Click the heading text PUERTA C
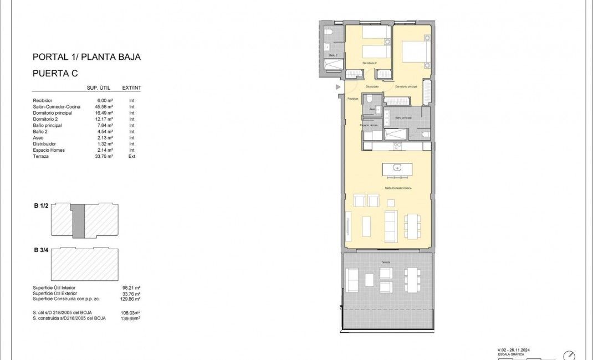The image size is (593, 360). click(55, 73)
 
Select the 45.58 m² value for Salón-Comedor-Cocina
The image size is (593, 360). click(104, 106)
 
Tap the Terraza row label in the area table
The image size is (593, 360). click(42, 156)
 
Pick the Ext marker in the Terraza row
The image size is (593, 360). click(132, 156)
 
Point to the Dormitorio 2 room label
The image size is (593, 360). click(370, 63)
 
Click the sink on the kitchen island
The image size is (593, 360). click(397, 167)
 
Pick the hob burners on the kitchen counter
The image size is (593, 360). click(397, 146)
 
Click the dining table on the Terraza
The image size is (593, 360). click(412, 280)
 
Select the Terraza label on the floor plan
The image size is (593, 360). click(385, 261)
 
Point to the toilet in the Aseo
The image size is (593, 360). click(377, 101)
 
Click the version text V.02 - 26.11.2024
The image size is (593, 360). click(518, 350)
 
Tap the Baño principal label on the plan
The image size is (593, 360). click(403, 117)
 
